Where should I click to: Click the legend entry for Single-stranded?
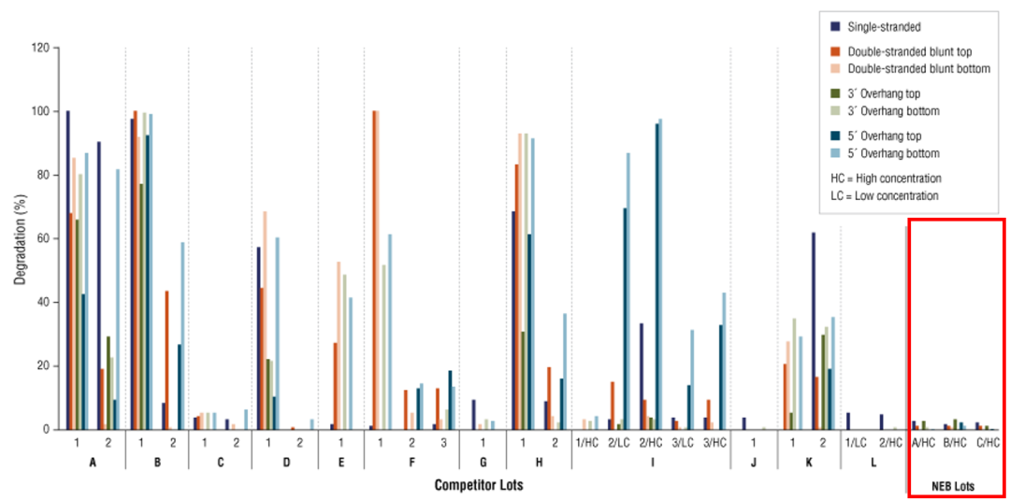[x=885, y=26]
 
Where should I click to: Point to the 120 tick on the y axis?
[x=40, y=47]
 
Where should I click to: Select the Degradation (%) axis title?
[x=20, y=238]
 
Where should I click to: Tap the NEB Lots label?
[x=955, y=485]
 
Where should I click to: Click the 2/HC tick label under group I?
[x=651, y=442]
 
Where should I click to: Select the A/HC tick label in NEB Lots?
[x=923, y=442]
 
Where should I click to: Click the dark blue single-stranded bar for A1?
[x=68, y=270]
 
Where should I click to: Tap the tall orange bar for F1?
[x=374, y=270]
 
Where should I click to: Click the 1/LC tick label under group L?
[x=855, y=442]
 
